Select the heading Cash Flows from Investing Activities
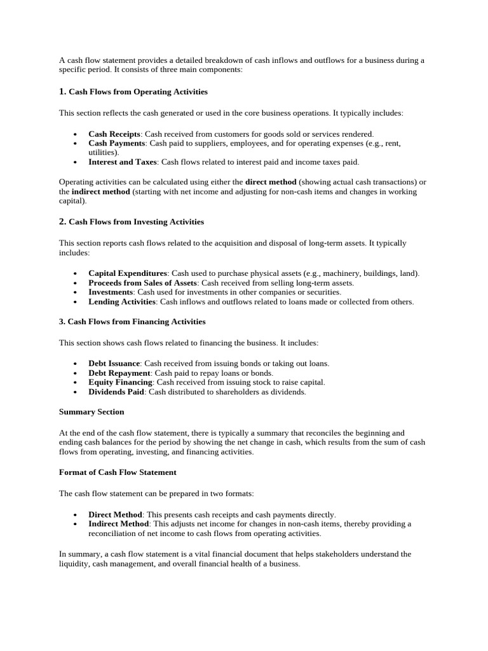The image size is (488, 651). tap(136, 222)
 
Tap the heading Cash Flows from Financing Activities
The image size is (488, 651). tap(132, 322)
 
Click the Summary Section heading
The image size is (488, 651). tap(91, 412)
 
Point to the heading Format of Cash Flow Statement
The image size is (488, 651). tap(118, 472)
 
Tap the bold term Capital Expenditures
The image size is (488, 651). tap(128, 273)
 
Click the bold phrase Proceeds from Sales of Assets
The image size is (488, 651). tap(142, 283)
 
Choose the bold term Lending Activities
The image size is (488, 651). tap(121, 302)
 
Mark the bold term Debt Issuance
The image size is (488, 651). tap(114, 364)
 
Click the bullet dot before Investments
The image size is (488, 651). tap(75, 293)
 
